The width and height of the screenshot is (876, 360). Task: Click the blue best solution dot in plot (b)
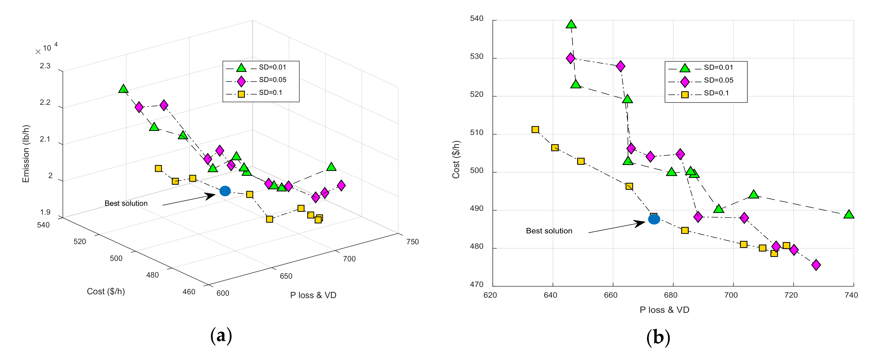(x=654, y=219)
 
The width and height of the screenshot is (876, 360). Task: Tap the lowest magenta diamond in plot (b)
(x=816, y=265)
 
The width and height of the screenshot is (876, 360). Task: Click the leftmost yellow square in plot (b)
(x=535, y=129)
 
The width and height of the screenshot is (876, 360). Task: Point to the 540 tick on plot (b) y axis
(x=476, y=19)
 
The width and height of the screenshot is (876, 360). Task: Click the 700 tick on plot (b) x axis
(x=731, y=295)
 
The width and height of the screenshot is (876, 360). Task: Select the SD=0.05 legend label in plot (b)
(x=718, y=80)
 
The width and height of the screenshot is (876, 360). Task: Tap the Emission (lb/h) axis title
(x=26, y=154)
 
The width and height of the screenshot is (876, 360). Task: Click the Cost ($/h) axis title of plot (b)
(x=456, y=159)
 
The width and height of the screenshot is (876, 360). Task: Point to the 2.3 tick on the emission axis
(x=45, y=66)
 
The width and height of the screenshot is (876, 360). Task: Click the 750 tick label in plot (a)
(x=412, y=242)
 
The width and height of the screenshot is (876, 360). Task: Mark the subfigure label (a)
(x=221, y=336)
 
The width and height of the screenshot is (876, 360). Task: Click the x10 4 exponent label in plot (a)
(x=47, y=48)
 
